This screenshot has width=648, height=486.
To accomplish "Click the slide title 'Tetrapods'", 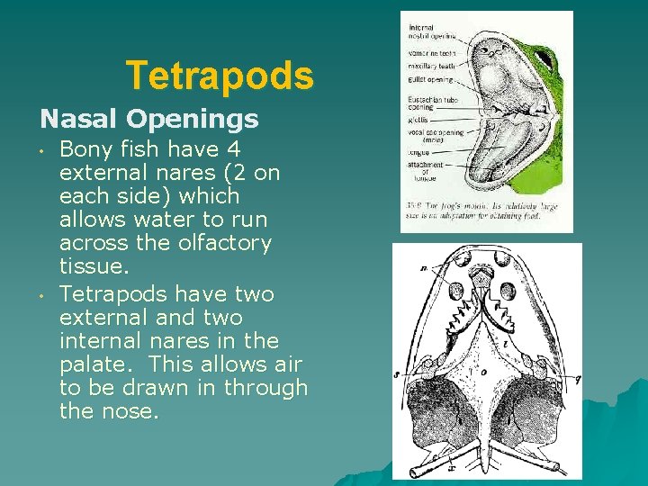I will click(220, 76).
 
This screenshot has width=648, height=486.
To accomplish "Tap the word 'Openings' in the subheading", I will click(193, 118).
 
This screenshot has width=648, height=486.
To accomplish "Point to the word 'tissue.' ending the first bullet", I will click(92, 265).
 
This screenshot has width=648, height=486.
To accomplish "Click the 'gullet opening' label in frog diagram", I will click(431, 80).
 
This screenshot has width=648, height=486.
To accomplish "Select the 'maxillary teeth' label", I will click(431, 66).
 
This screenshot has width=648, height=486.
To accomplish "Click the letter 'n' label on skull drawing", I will click(423, 267).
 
